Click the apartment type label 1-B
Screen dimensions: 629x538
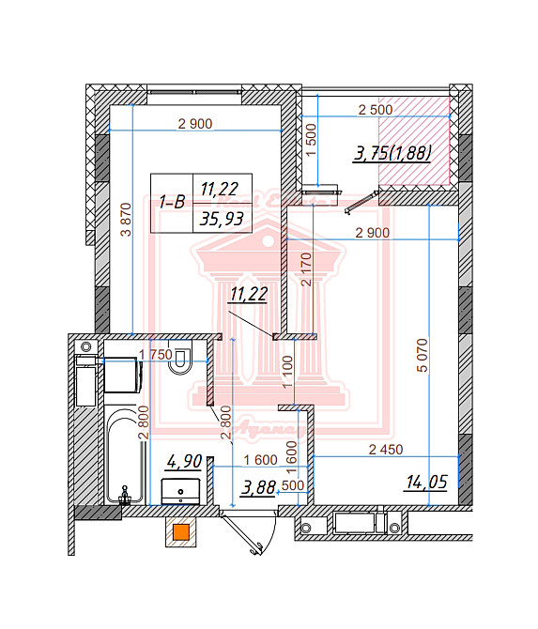[171, 202]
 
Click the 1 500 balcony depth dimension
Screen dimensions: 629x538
[311, 142]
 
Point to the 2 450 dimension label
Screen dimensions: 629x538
[385, 450]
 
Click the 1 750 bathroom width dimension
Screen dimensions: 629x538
[155, 354]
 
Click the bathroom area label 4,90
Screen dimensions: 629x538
[184, 461]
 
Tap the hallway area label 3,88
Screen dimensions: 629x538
[259, 486]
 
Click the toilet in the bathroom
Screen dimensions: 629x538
[178, 361]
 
